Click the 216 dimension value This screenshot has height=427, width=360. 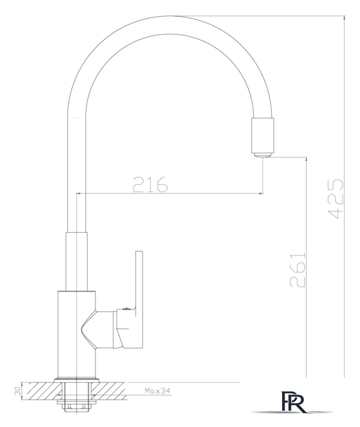click(151, 184)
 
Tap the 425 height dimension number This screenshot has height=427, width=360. click(335, 199)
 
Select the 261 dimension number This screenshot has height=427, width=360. click(297, 270)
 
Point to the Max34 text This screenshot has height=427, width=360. click(157, 391)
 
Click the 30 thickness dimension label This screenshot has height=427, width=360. click(17, 391)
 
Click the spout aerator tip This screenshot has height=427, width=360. click(262, 155)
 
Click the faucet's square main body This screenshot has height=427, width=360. click(77, 335)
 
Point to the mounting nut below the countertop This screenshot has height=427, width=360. click(76, 402)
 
